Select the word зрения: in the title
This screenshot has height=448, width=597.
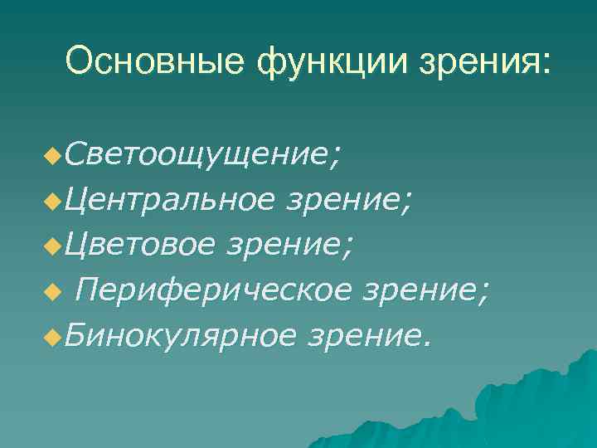[x=469, y=63]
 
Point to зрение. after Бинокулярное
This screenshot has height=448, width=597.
[x=369, y=336]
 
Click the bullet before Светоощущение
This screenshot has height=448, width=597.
[x=56, y=155]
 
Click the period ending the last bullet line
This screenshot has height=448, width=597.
[x=428, y=342]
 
